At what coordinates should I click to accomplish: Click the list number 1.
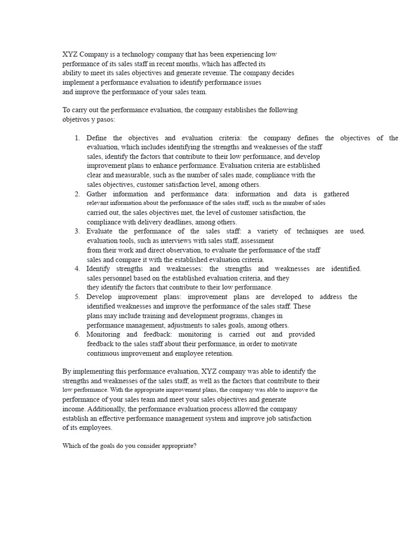[x=77, y=138]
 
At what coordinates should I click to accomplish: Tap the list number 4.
[x=77, y=268]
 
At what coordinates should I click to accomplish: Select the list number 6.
[x=77, y=334]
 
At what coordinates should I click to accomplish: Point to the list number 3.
[x=77, y=231]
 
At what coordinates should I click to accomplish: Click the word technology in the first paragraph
[x=129, y=54]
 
